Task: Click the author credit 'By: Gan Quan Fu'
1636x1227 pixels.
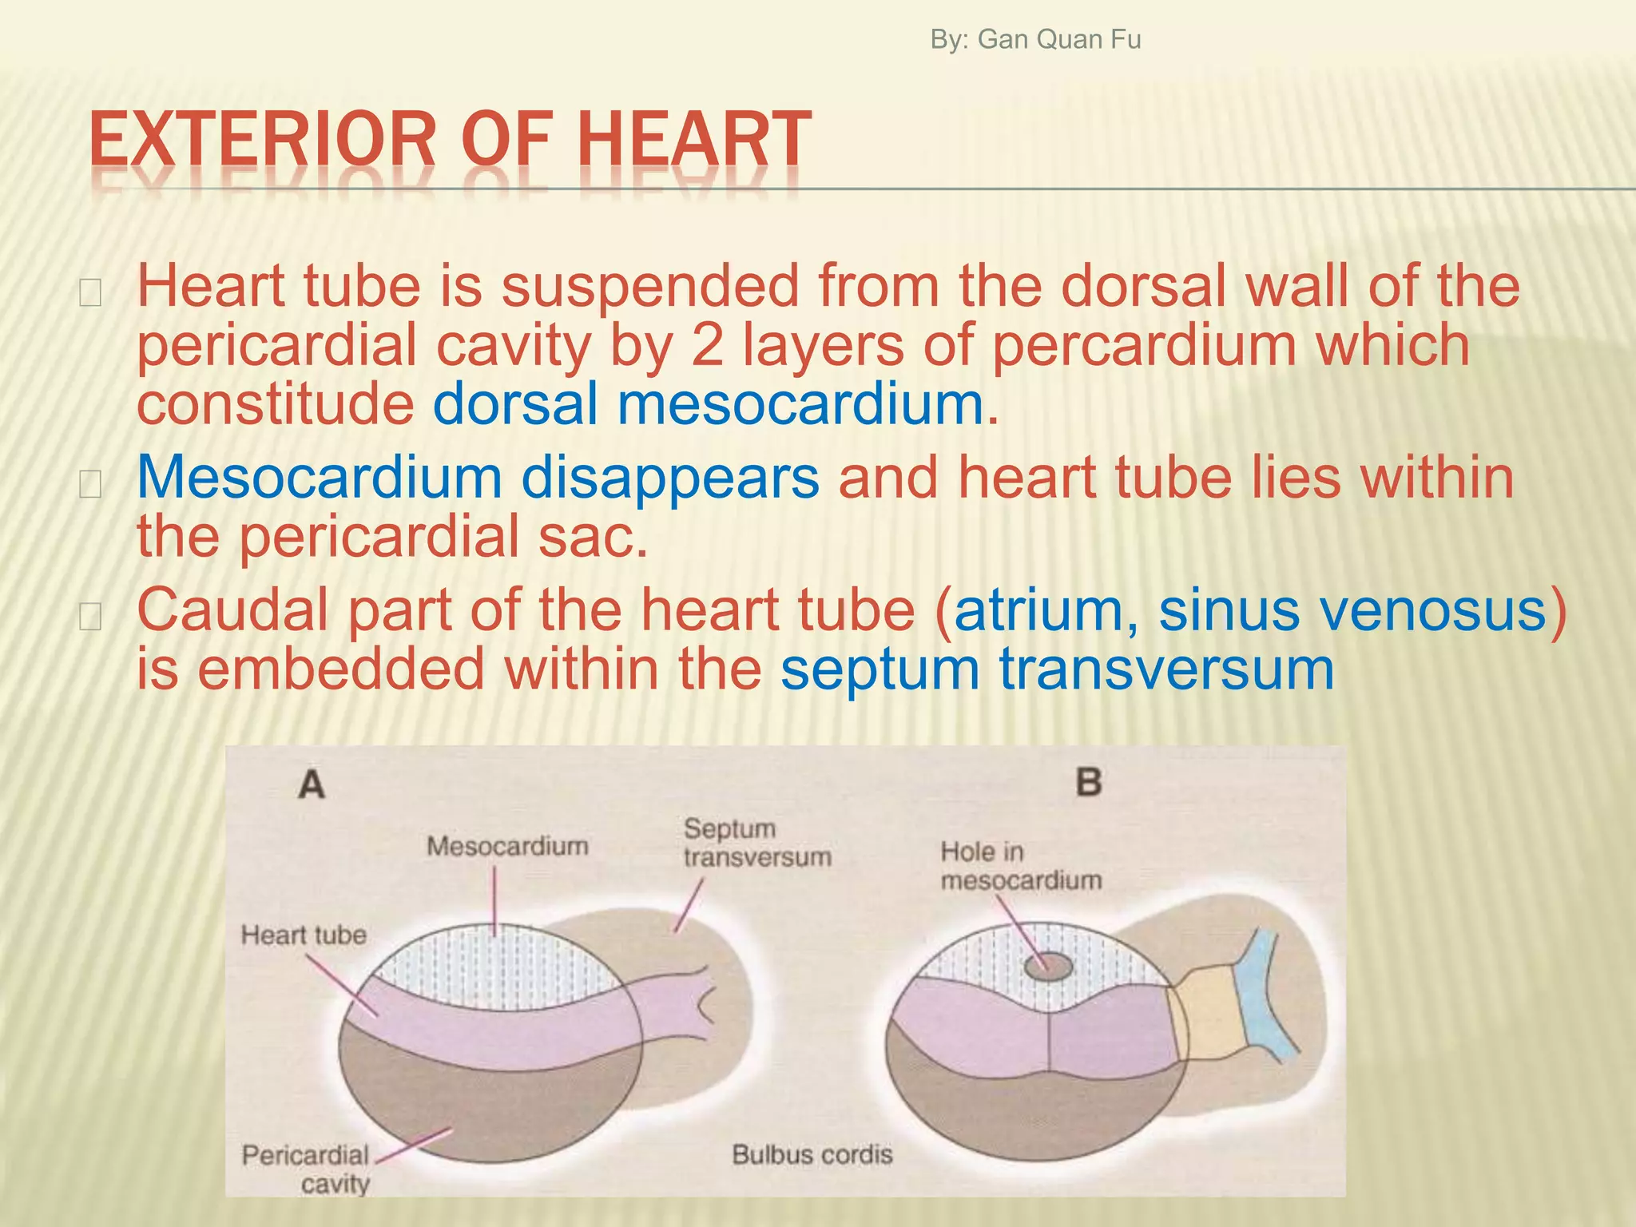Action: click(x=1035, y=39)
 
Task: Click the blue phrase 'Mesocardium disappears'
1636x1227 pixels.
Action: click(x=478, y=478)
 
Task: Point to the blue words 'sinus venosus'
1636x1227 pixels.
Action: click(x=1353, y=610)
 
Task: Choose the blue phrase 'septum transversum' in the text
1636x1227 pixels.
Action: click(x=1056, y=669)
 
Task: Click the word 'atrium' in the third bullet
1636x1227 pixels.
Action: click(x=1038, y=610)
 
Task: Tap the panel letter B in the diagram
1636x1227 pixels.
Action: click(x=1089, y=781)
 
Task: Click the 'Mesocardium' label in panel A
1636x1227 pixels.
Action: click(x=507, y=846)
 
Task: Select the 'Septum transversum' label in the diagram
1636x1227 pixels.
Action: click(x=756, y=843)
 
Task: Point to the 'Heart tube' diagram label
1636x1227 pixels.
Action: click(x=304, y=935)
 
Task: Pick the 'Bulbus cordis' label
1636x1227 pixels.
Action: click(x=812, y=1154)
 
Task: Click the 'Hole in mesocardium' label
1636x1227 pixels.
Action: click(x=1020, y=866)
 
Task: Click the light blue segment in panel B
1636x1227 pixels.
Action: click(x=1262, y=999)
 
